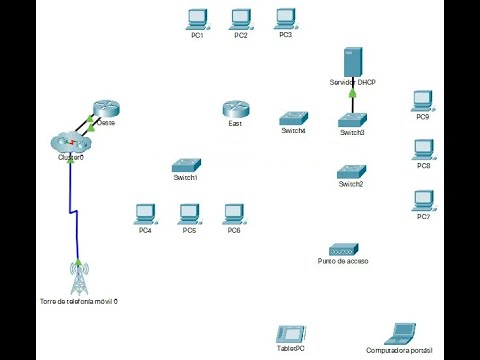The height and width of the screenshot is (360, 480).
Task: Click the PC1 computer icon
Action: click(197, 18)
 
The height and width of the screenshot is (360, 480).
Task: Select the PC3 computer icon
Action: click(285, 18)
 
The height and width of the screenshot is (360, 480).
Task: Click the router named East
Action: click(235, 109)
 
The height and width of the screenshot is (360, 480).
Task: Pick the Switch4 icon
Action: click(294, 118)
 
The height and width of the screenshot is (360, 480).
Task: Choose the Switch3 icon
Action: click(352, 119)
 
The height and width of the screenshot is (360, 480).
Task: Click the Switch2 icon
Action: click(350, 171)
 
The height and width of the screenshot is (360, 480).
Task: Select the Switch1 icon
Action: click(186, 165)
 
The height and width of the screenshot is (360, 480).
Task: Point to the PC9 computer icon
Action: click(423, 101)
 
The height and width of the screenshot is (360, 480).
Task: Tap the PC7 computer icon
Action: click(423, 200)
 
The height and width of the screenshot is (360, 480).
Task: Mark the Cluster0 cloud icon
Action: click(69, 142)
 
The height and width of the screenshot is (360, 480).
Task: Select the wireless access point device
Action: click(343, 248)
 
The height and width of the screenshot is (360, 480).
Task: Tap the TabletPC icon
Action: click(289, 335)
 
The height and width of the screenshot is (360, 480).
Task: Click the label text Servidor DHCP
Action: click(351, 81)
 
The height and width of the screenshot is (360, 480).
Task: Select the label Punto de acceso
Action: click(343, 261)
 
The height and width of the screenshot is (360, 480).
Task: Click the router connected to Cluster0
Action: click(105, 110)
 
